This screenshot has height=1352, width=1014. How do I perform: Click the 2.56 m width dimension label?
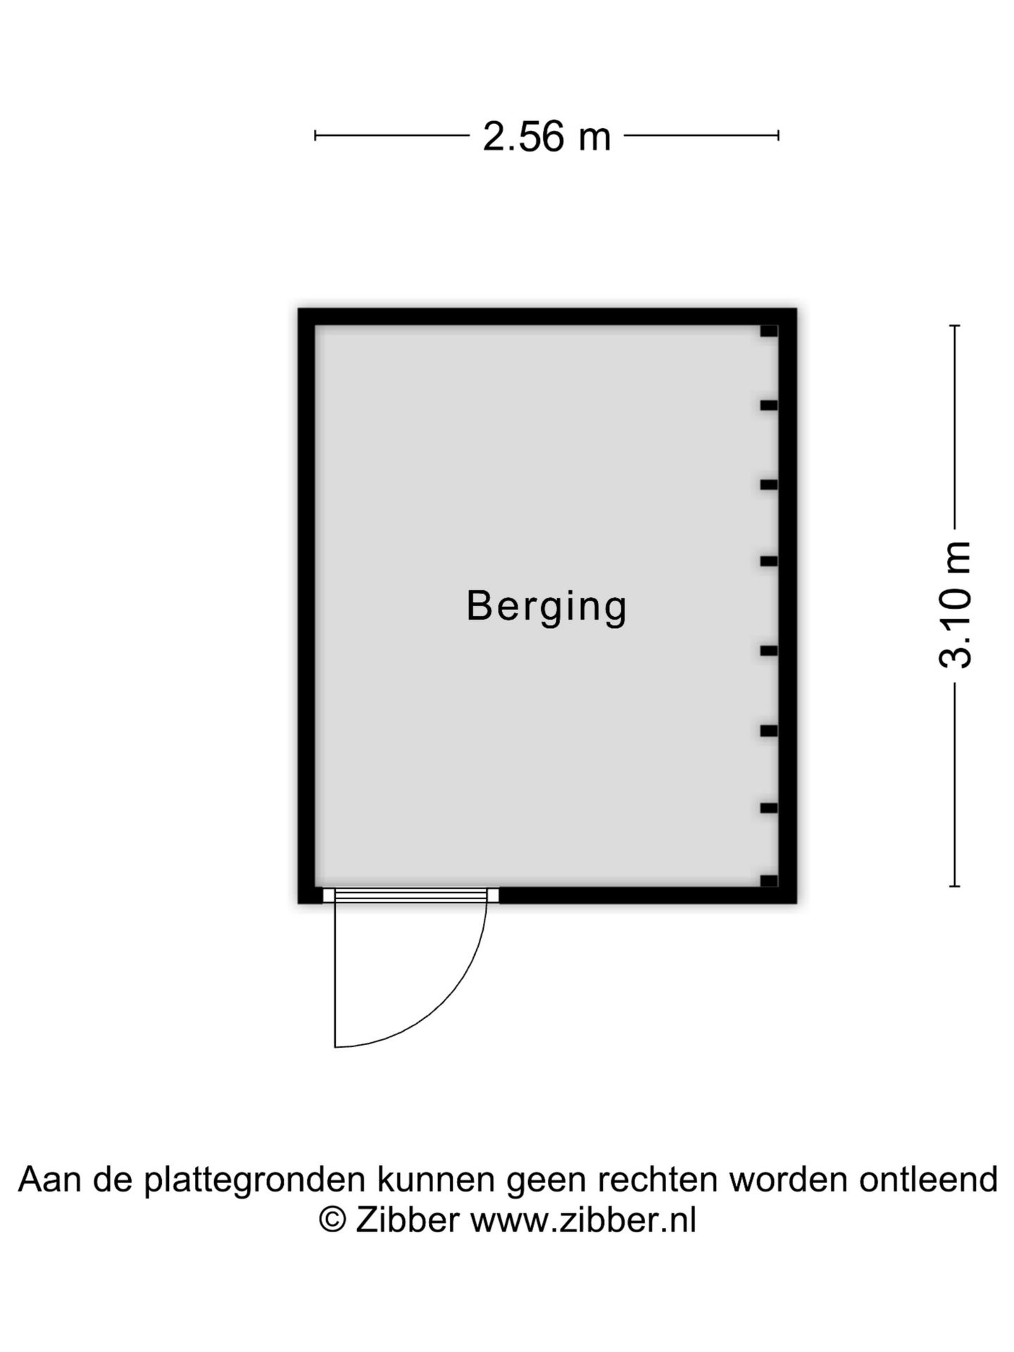[x=546, y=136]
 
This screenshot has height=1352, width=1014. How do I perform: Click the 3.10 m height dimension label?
[x=956, y=605]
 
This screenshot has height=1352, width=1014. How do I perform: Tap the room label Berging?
[x=546, y=606]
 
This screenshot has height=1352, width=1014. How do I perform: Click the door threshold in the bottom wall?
[x=411, y=895]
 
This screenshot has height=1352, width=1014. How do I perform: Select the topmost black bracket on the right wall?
[x=769, y=331]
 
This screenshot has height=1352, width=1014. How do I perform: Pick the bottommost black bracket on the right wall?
[x=769, y=881]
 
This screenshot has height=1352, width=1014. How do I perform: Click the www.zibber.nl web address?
[x=583, y=1220]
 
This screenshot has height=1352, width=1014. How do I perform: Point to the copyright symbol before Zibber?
[x=332, y=1220]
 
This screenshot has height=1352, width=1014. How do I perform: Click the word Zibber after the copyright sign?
[x=408, y=1220]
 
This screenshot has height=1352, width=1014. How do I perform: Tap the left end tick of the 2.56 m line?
[x=315, y=135]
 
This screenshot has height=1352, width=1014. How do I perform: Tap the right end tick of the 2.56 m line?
[x=778, y=135]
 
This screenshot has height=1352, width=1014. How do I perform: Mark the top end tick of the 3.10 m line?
[x=955, y=325]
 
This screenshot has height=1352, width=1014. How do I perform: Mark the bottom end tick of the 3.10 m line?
[x=955, y=886]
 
